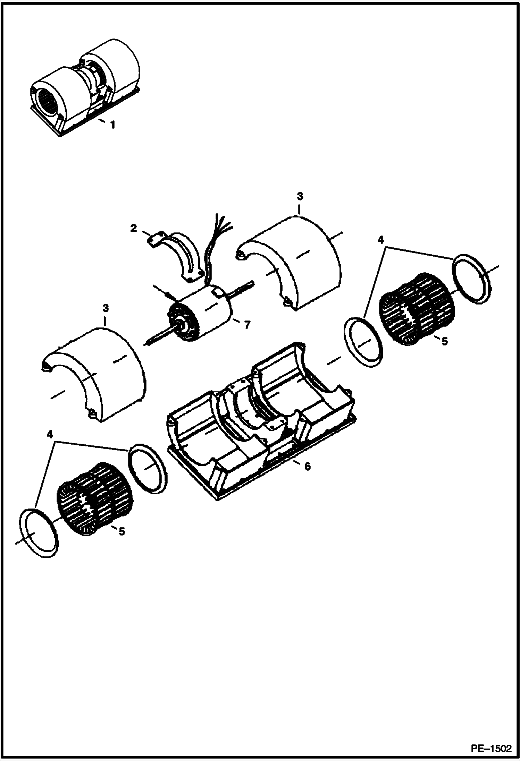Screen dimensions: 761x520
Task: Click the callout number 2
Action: point(134,228)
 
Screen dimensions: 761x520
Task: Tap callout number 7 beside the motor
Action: point(246,325)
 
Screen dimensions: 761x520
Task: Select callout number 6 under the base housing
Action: point(307,467)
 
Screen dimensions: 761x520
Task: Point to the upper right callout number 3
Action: point(300,196)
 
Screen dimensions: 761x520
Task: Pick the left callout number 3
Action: point(106,308)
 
